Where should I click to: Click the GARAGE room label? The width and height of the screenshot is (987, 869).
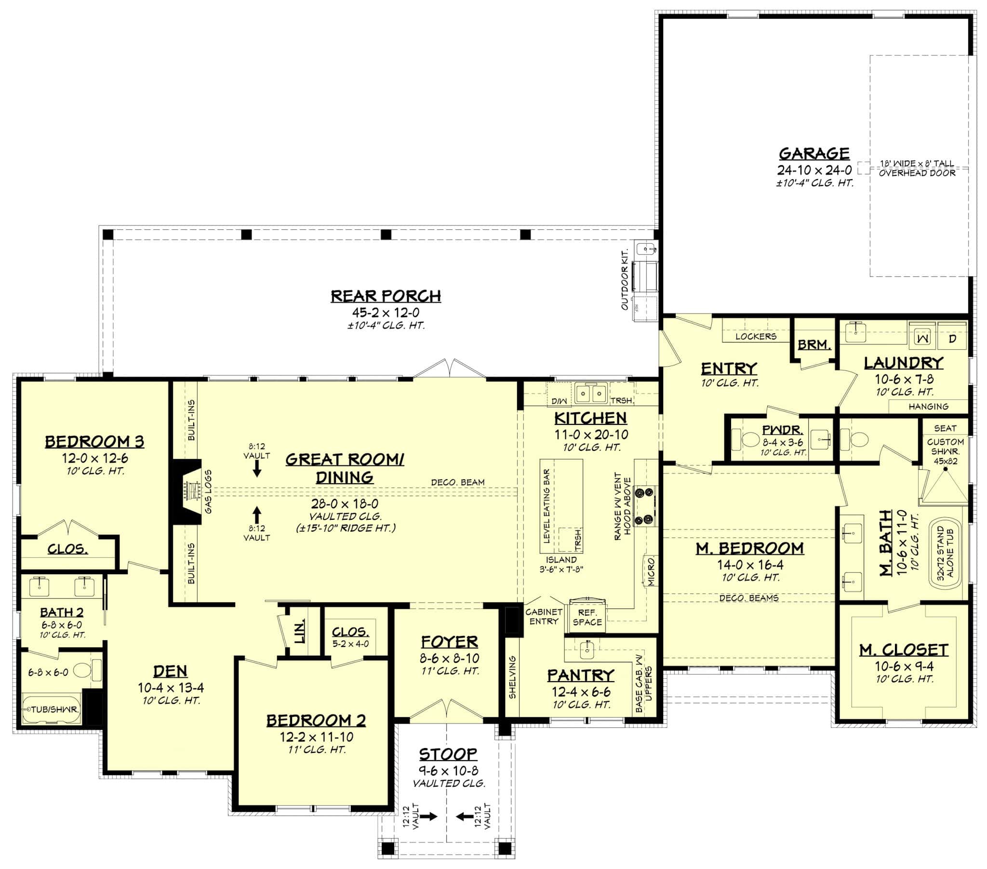[x=814, y=154]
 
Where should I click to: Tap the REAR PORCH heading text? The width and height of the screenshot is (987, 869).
[x=386, y=296]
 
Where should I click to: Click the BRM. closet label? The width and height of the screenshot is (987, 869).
[x=814, y=345]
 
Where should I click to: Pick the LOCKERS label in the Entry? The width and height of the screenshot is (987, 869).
[x=756, y=337]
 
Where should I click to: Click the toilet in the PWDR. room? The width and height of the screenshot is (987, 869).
[x=749, y=440]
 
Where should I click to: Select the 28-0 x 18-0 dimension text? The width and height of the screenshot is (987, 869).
[x=344, y=504]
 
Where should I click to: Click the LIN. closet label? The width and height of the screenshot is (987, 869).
[x=300, y=632]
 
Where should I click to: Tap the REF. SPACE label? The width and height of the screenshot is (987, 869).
[x=587, y=618]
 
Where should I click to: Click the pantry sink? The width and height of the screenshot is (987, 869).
[x=587, y=650]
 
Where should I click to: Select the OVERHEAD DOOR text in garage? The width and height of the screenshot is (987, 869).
[x=917, y=173]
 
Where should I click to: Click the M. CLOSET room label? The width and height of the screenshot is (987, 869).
[x=904, y=650]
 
